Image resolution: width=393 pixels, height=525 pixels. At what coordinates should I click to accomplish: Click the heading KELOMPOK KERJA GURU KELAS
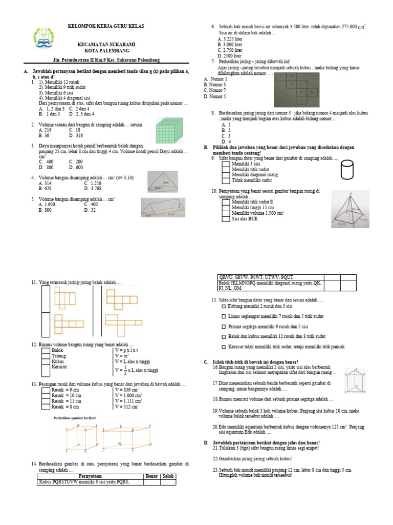coord(106,26)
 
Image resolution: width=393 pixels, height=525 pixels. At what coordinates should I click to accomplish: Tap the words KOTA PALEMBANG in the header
coord(106,51)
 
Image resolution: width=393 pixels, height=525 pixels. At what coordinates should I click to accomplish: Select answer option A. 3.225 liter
coord(230,39)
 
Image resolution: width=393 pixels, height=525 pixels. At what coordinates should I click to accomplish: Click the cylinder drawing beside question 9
coord(346,169)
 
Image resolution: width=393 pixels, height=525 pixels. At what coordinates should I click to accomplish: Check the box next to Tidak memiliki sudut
coord(226,180)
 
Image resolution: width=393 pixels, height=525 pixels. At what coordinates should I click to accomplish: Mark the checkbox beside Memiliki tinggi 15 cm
coord(226,207)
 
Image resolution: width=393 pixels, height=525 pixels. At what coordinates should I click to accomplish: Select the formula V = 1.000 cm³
coord(128,395)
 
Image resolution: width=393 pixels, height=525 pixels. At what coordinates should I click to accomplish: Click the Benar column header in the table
coord(152,476)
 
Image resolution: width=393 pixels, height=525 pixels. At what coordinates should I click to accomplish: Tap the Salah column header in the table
coord(168,476)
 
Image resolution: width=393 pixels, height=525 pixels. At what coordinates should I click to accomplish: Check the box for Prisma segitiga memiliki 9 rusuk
coord(224,326)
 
